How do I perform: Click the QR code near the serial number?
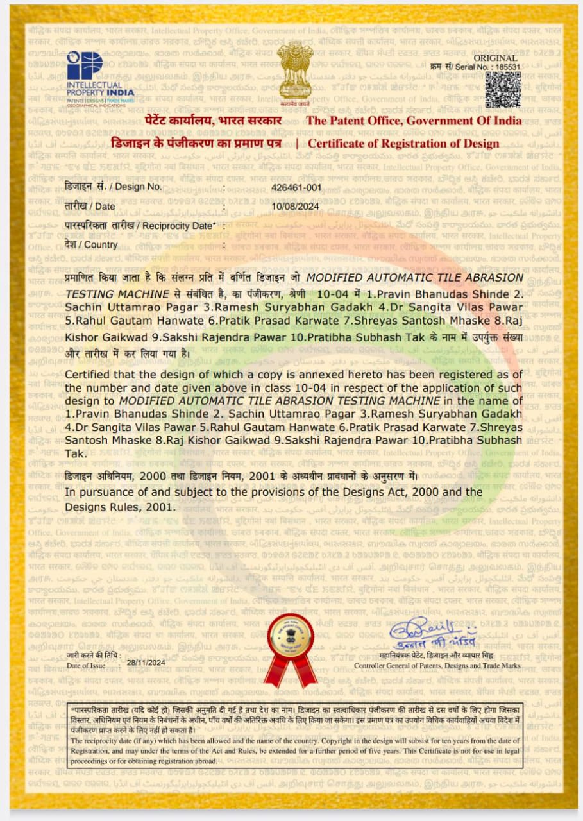point(502,89)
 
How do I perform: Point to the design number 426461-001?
point(296,187)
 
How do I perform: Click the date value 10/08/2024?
point(295,207)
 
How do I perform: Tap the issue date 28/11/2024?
point(146,663)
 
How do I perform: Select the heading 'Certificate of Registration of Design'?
point(403,144)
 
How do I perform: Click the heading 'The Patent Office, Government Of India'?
point(414,121)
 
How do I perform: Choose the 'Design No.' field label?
point(113,187)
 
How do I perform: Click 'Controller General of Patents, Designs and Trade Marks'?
point(437,666)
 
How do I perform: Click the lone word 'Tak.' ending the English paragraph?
point(75,453)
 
